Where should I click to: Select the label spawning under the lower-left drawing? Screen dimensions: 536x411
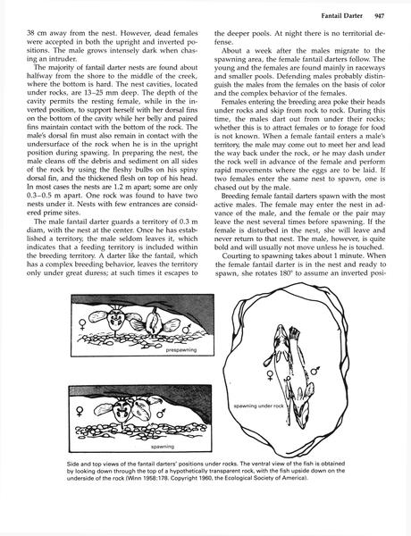pyautogui.click(x=163, y=444)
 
